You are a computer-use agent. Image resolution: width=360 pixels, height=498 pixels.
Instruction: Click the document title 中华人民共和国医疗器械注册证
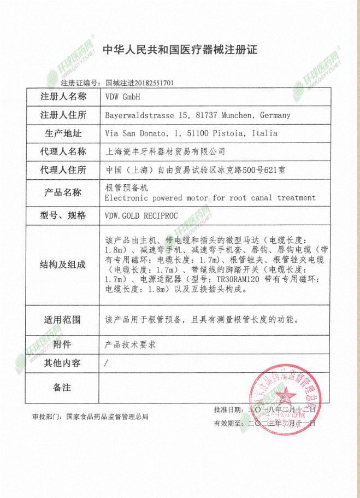click(180, 50)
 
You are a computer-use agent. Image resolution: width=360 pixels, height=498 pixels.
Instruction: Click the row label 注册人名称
click(63, 97)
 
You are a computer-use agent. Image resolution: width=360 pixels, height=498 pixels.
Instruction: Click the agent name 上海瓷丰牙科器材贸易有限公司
click(164, 151)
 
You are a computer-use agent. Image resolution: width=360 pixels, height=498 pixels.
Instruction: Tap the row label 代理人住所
click(63, 169)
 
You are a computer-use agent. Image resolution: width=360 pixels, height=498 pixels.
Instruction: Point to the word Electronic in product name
click(125, 197)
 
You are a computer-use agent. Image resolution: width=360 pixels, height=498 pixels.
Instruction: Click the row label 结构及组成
click(63, 265)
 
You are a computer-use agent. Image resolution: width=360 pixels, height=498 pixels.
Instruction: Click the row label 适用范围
click(63, 320)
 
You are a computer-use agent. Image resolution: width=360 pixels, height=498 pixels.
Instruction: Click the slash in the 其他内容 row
click(107, 363)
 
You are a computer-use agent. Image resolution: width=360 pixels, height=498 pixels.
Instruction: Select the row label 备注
click(63, 388)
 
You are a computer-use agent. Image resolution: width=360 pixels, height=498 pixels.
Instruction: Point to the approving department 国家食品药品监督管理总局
click(107, 417)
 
